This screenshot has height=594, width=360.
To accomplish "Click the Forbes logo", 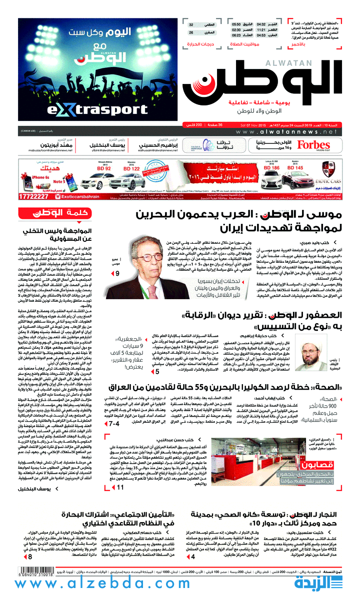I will click(313, 145).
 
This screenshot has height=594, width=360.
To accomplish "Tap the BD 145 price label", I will click(295, 168).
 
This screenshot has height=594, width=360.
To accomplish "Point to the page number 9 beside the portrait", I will click(117, 274).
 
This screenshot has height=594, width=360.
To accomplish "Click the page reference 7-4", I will click(113, 424).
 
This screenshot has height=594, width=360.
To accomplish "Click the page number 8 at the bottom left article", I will click(30, 557).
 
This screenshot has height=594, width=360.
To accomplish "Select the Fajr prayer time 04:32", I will click(261, 24).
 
